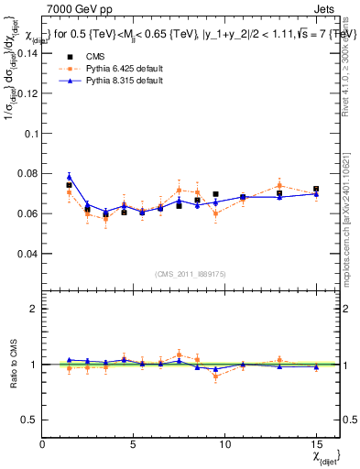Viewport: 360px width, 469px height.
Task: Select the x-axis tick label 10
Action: [224, 445]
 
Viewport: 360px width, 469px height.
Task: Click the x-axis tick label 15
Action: [316, 445]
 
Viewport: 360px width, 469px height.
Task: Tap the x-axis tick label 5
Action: [134, 445]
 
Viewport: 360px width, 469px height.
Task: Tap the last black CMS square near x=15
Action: [316, 189]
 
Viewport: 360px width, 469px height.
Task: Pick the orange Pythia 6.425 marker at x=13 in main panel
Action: [279, 185]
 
